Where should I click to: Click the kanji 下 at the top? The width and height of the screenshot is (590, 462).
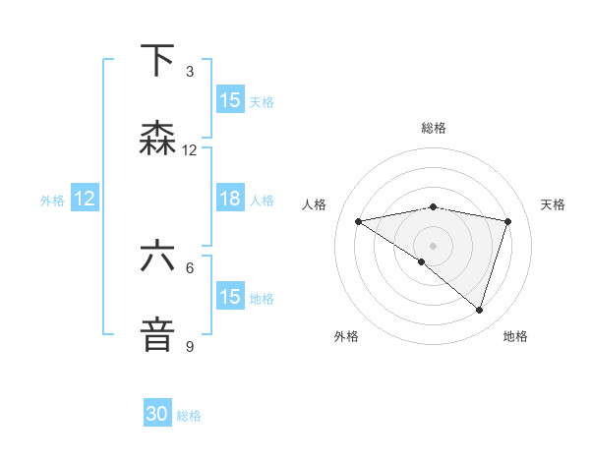coord(158,61)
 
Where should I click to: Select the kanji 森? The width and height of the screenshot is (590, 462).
coord(158,139)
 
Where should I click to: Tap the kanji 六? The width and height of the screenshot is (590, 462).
coord(158,257)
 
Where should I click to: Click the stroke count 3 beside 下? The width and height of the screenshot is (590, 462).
coord(190,72)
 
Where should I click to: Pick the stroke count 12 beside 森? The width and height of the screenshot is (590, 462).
coord(190,150)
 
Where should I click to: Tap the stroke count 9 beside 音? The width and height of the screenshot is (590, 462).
coord(190,346)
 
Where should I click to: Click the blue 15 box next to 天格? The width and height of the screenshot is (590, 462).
coord(230,100)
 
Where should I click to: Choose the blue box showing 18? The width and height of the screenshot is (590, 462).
coord(230,199)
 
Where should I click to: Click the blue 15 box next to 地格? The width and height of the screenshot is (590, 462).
coord(230,297)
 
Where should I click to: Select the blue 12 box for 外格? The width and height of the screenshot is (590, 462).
coord(85,199)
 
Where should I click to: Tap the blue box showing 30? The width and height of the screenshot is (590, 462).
coord(157,415)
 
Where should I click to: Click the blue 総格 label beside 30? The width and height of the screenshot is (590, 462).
coord(190,416)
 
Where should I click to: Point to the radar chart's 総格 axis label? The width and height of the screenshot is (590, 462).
coord(434,128)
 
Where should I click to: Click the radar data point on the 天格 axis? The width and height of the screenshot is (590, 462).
coord(508,221)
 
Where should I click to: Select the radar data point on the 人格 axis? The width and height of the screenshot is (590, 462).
coord(359,221)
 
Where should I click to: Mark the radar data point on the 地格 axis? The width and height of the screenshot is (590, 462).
coord(480,310)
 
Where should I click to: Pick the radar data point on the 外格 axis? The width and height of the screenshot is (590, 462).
coord(422,261)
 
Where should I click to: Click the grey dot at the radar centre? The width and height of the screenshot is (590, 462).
coord(434,245)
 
